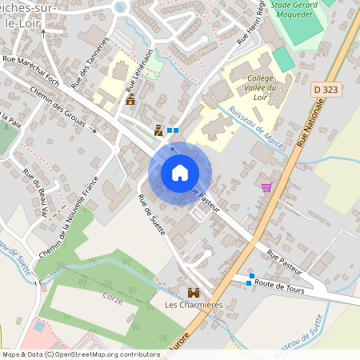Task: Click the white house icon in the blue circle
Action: point(180,173)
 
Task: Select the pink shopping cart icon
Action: point(266,187)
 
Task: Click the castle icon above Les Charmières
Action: point(193,292)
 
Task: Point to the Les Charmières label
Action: point(193,305)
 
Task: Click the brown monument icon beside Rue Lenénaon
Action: point(130,100)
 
